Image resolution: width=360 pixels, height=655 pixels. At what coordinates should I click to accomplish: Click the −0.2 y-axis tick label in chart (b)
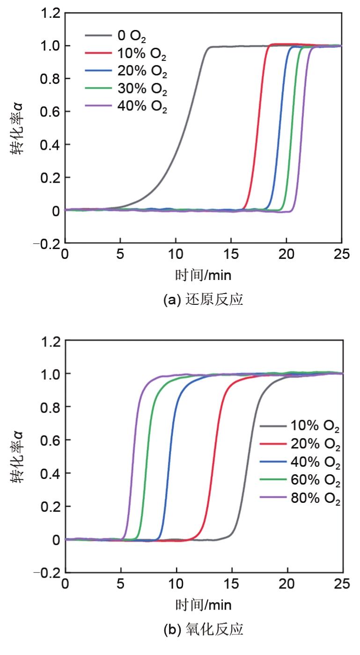coord(47,573)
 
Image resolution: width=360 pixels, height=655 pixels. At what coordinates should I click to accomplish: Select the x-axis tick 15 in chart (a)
coord(231,254)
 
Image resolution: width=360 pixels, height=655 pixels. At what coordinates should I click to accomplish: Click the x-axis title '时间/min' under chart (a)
coord(203,275)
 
